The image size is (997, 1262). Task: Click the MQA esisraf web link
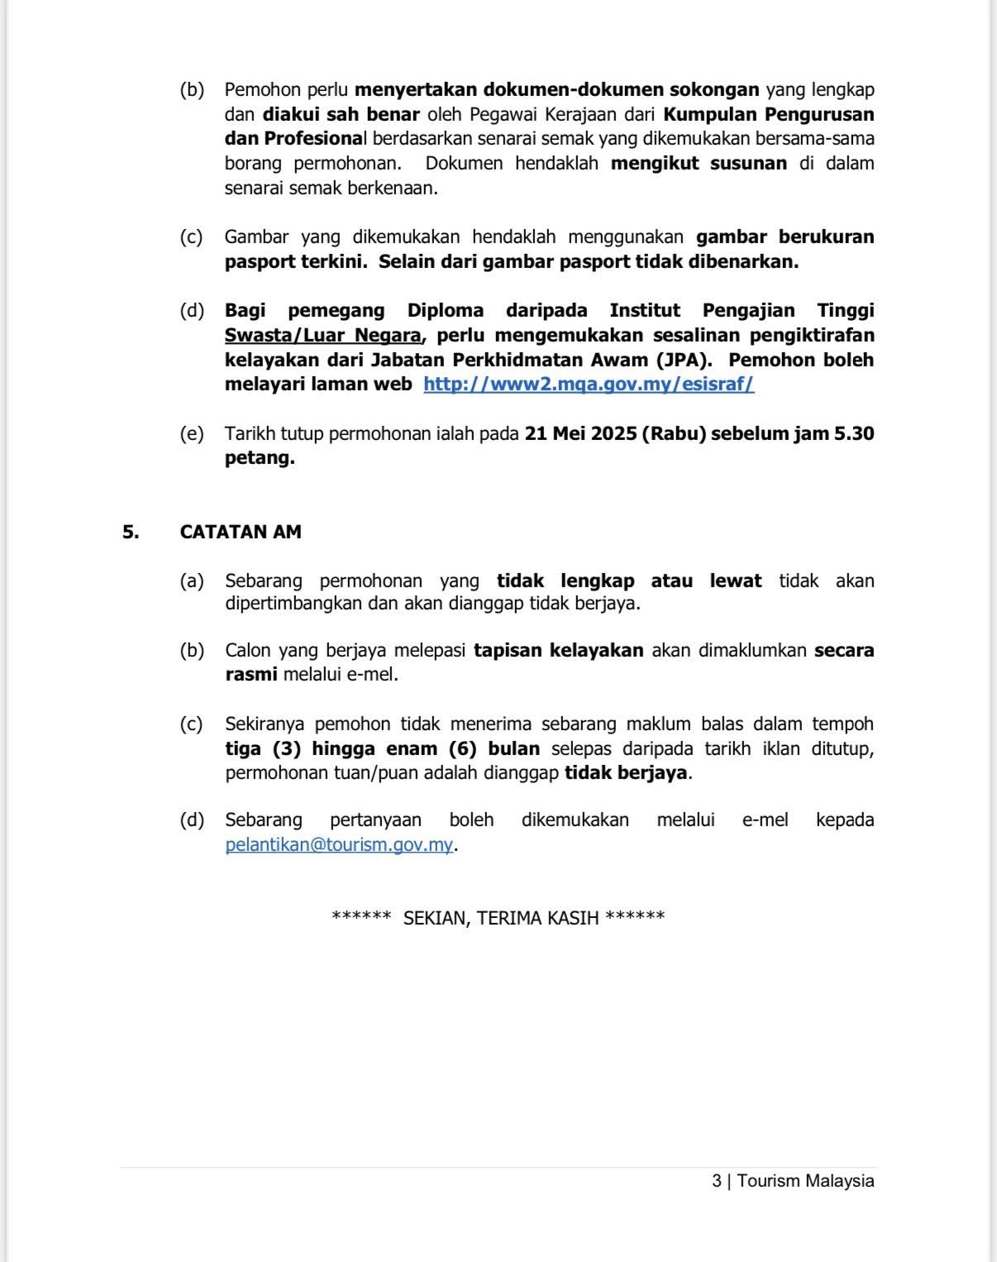point(589,385)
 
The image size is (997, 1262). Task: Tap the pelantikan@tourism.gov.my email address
point(339,845)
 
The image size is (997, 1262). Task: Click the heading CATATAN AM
point(241,532)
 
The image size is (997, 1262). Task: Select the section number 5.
point(131,532)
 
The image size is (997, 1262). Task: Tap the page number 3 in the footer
point(716,1181)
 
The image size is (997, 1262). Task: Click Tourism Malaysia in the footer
point(805,1181)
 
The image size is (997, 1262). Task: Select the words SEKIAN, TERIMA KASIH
point(500,918)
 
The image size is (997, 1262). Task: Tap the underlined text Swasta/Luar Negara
point(322,336)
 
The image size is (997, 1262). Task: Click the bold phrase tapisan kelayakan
point(558,650)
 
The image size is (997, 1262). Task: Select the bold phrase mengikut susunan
point(699,163)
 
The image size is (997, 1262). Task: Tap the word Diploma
point(446,311)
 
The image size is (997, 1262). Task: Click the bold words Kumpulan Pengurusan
point(768,113)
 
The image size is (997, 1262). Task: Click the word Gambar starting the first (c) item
point(256,237)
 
